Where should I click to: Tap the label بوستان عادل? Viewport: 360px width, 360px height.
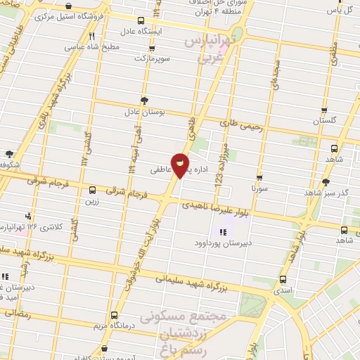[x=145, y=111]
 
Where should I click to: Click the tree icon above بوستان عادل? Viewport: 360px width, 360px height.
[x=145, y=101]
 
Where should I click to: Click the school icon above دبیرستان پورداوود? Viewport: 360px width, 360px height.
[x=224, y=232]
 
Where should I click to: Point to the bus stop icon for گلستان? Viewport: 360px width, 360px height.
[x=323, y=110]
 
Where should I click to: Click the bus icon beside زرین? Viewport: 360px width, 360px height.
[x=92, y=189]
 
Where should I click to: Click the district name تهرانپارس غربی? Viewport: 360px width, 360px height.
[x=210, y=49]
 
